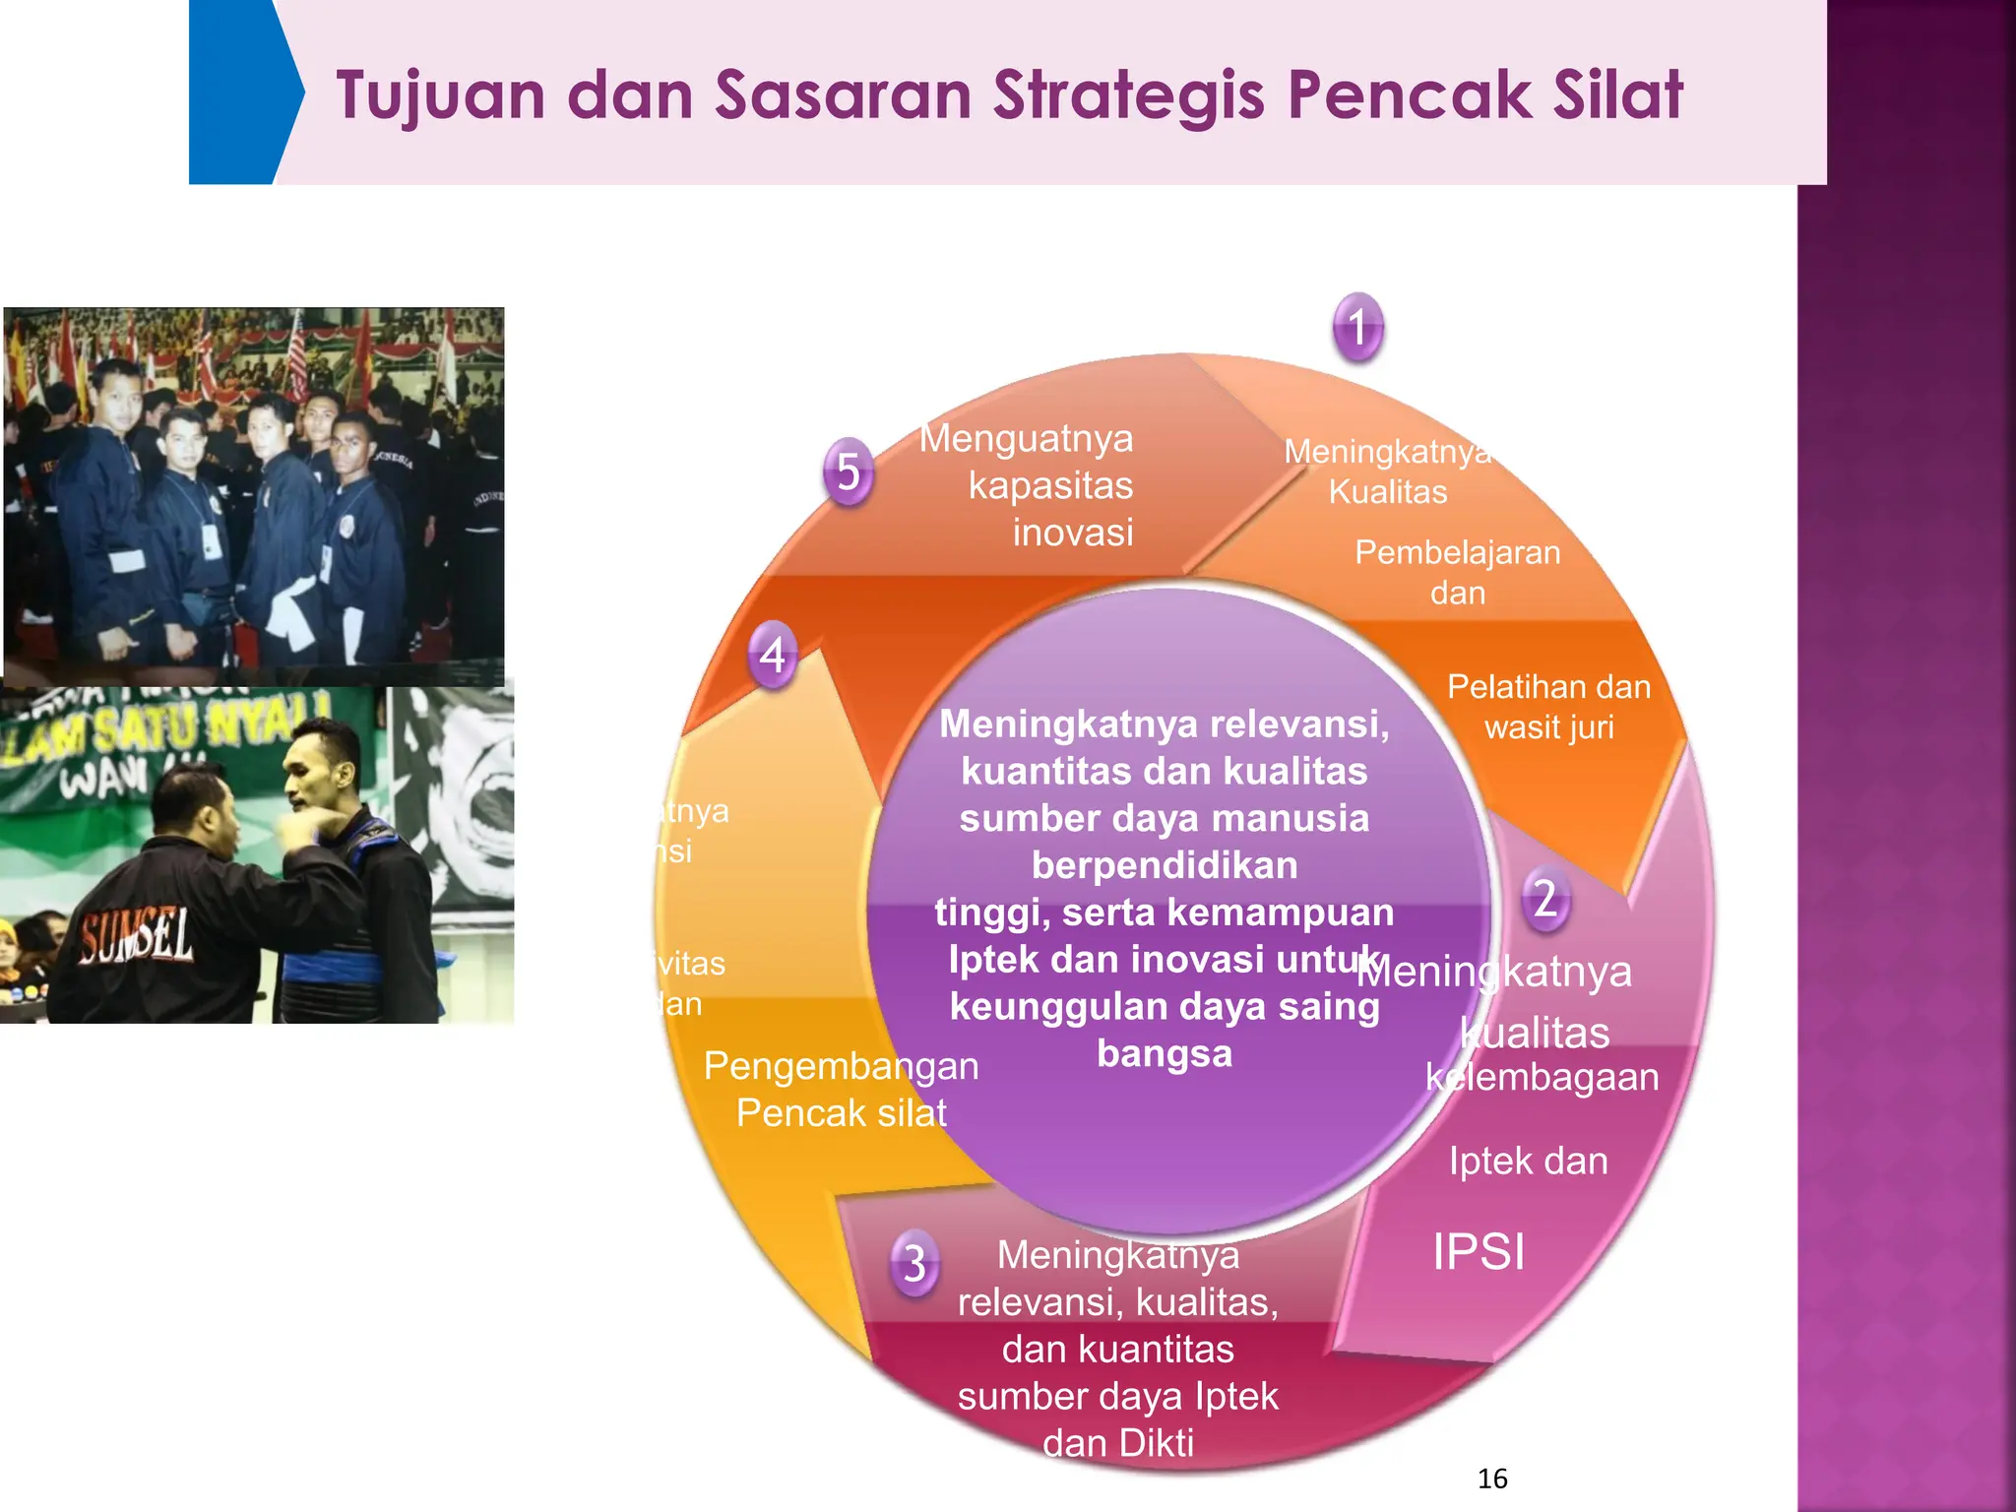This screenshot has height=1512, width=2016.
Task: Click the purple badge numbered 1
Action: [x=1358, y=327]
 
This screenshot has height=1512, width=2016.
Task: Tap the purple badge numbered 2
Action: [x=1545, y=899]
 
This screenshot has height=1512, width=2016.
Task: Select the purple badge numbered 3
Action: [x=914, y=1262]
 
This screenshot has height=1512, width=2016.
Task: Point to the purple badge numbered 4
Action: [x=773, y=655]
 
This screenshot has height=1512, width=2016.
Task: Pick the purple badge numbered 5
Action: [x=849, y=472]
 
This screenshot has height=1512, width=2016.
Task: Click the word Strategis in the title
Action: [x=1128, y=95]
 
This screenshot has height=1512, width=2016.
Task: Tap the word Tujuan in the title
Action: [x=440, y=95]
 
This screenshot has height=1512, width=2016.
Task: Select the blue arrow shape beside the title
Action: [x=242, y=93]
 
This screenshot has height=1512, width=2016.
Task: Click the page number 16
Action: [x=1492, y=1479]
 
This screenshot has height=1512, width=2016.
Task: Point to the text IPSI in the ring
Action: [x=1479, y=1252]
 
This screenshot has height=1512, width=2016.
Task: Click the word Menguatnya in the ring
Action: [x=1026, y=438]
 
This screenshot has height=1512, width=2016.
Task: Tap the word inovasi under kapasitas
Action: [x=1073, y=533]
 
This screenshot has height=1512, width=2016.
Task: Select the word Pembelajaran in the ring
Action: [x=1457, y=552]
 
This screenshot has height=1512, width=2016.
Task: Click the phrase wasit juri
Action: [x=1549, y=727]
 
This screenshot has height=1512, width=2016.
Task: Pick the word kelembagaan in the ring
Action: [x=1542, y=1077]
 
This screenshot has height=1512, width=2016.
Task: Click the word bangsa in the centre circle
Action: [x=1165, y=1053]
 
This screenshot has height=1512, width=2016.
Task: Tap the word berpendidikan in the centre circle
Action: [x=1165, y=865]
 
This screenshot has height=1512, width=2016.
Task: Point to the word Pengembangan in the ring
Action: [x=842, y=1066]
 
